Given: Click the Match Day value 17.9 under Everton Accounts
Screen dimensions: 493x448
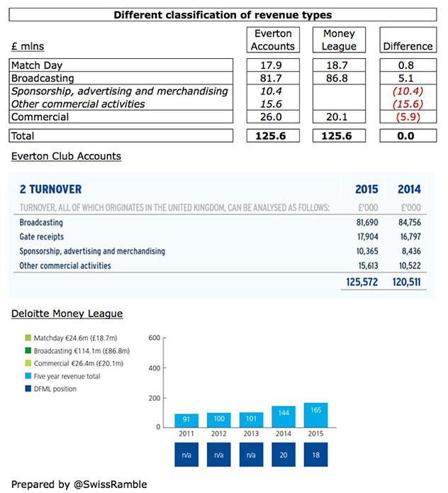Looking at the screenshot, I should coord(273,65).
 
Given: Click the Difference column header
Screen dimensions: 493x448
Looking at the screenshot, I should coord(407,46).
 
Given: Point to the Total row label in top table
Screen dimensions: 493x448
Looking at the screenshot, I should coord(24,135).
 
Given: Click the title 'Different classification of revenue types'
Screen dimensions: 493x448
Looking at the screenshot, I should coord(224,15).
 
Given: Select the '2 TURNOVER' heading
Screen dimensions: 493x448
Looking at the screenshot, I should coord(50,189).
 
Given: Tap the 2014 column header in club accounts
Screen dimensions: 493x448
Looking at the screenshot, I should coord(409,189).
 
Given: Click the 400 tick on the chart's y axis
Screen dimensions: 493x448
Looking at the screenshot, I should coord(154,368).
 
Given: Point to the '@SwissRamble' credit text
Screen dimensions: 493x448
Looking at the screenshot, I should coord(111,484).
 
